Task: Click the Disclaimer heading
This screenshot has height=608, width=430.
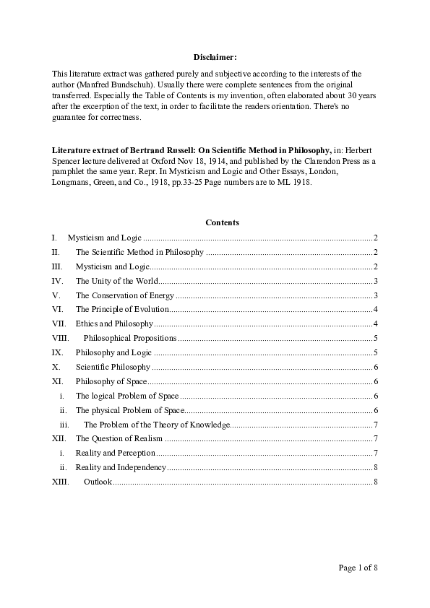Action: coord(215,56)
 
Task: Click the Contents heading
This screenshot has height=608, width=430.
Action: coord(222,222)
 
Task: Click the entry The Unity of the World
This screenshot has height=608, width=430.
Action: coord(116,281)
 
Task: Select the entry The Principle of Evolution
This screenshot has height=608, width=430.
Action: coord(122,310)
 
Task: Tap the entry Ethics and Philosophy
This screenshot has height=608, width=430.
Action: coord(114,323)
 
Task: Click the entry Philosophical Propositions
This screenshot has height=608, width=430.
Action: coord(130,338)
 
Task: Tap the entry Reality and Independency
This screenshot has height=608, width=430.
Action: coord(121,467)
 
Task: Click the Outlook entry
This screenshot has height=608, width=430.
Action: coord(98,482)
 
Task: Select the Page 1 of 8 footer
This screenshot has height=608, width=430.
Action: coord(358,568)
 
